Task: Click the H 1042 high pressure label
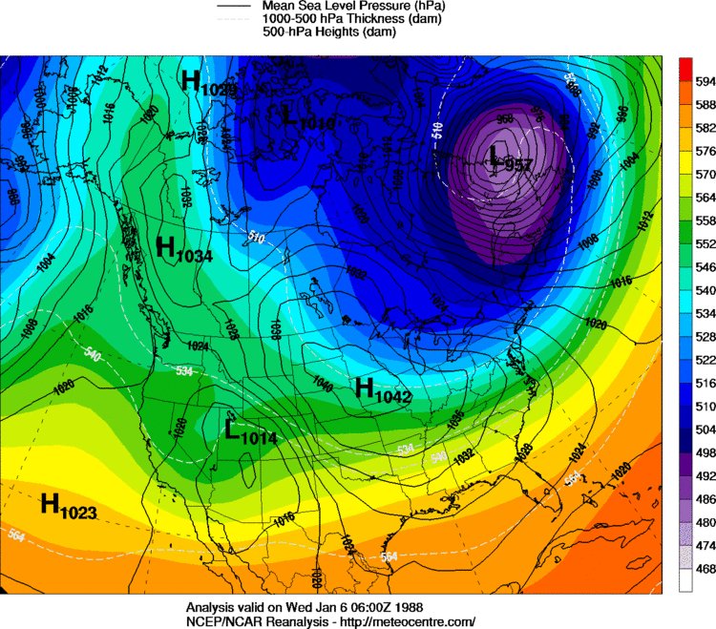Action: pyautogui.click(x=382, y=389)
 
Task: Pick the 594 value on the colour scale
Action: pyautogui.click(x=705, y=81)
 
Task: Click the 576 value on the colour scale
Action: pyautogui.click(x=705, y=150)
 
